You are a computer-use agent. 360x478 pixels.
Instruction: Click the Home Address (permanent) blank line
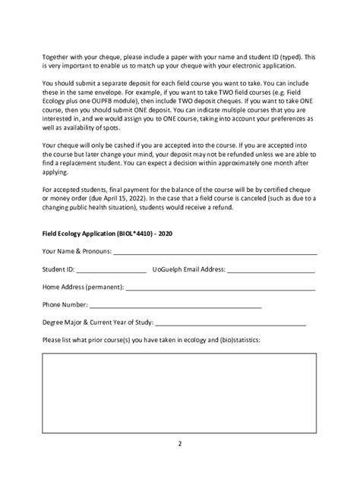221,288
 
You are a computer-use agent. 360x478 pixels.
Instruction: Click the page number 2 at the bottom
180,444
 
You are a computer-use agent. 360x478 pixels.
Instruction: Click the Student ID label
58,269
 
